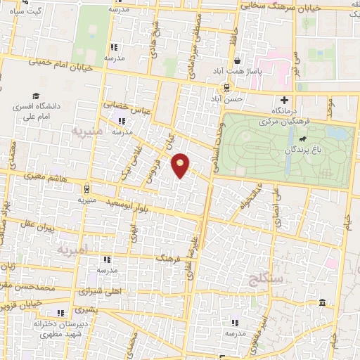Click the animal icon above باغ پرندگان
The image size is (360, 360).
click(302, 137)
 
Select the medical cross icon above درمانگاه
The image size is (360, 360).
click(284, 100)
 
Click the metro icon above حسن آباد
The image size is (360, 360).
click(226, 88)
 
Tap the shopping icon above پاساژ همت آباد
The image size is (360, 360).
click(238, 61)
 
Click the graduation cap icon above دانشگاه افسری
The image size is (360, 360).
click(35, 96)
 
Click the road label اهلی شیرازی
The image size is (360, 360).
click(83, 290)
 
